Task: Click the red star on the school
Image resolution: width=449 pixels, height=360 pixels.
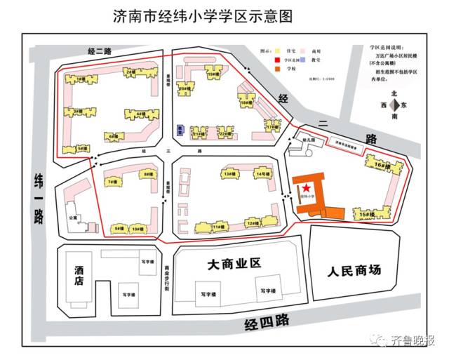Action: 307,188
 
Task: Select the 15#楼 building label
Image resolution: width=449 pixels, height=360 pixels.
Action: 365,213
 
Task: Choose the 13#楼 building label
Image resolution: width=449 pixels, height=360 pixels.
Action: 228,173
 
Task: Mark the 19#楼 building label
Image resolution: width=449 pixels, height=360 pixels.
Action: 211,74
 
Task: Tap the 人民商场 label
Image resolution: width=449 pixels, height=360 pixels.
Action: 354,269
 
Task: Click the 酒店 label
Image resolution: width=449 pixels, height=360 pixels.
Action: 79,275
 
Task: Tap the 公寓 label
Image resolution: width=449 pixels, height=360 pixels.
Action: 73,218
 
